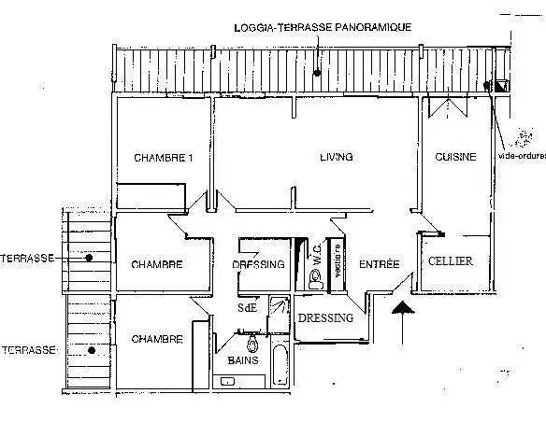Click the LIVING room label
pyautogui.click(x=336, y=157)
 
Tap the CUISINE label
pyautogui.click(x=456, y=157)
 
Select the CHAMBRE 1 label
pyautogui.click(x=163, y=157)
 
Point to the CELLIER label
pyautogui.click(x=451, y=262)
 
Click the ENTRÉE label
pyautogui.click(x=380, y=265)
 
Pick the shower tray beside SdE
pyautogui.click(x=279, y=309)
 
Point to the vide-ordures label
pyautogui.click(x=522, y=156)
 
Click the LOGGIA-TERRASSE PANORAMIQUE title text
pyautogui.click(x=323, y=28)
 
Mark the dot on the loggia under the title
pyautogui.click(x=317, y=71)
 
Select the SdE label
pyautogui.click(x=247, y=306)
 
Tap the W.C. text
pyautogui.click(x=319, y=262)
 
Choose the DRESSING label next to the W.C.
pyautogui.click(x=258, y=264)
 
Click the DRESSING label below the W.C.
pyautogui.click(x=326, y=318)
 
